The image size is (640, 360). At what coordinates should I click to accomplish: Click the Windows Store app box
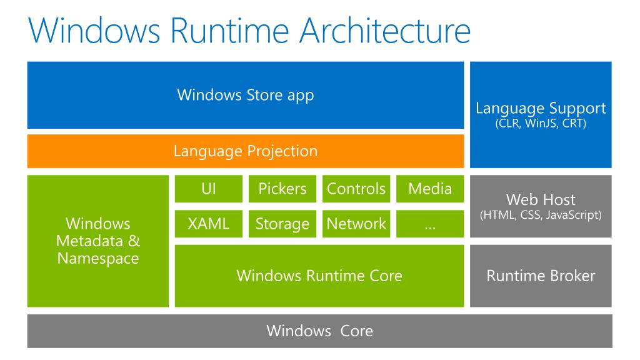pos(245,95)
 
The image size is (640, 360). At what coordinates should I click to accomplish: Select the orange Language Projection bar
pos(245,151)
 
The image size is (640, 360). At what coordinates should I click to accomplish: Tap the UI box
pos(209,189)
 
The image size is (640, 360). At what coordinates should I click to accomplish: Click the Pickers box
pos(282,189)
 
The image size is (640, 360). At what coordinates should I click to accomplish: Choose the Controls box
pos(356,189)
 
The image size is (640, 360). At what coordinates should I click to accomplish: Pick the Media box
pos(430,189)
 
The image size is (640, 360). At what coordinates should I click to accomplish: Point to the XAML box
pos(209,224)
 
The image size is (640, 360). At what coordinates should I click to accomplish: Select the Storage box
pos(282,224)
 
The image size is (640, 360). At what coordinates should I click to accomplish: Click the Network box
pos(356,224)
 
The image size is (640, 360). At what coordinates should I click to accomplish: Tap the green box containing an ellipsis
pos(430,224)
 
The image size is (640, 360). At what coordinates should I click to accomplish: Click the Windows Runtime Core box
pos(319,276)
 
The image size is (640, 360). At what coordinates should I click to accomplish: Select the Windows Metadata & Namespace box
pos(98,241)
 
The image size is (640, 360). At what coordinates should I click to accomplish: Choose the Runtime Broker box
pos(541,276)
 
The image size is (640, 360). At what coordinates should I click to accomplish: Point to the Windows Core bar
pos(319,331)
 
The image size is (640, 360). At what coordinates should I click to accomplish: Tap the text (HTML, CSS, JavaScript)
pos(541,216)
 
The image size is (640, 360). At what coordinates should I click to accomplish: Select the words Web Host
pos(541,201)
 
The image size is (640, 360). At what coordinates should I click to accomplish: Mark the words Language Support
pos(541,107)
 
